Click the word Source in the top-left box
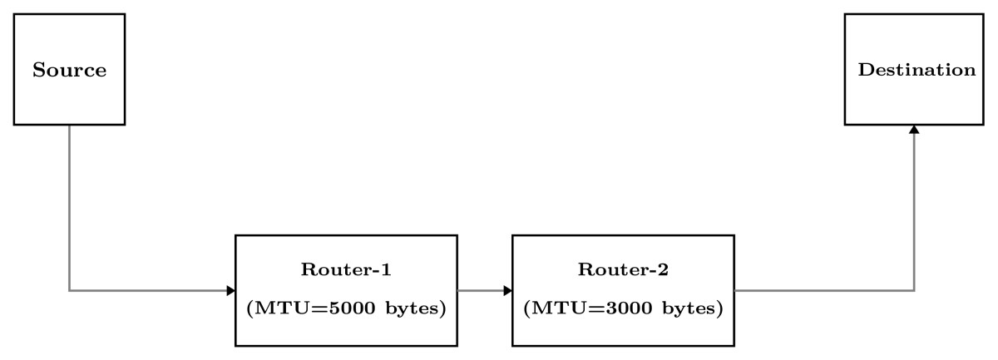[69, 70]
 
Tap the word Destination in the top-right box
[916, 70]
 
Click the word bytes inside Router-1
[417, 308]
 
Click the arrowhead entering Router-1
[231, 291]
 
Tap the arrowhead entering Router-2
[507, 291]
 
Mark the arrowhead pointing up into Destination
[914, 130]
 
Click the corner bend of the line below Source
[69, 291]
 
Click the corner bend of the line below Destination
[914, 291]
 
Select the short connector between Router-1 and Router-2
[482, 291]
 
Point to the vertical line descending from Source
[69, 208]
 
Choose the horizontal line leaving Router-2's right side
[823, 291]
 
